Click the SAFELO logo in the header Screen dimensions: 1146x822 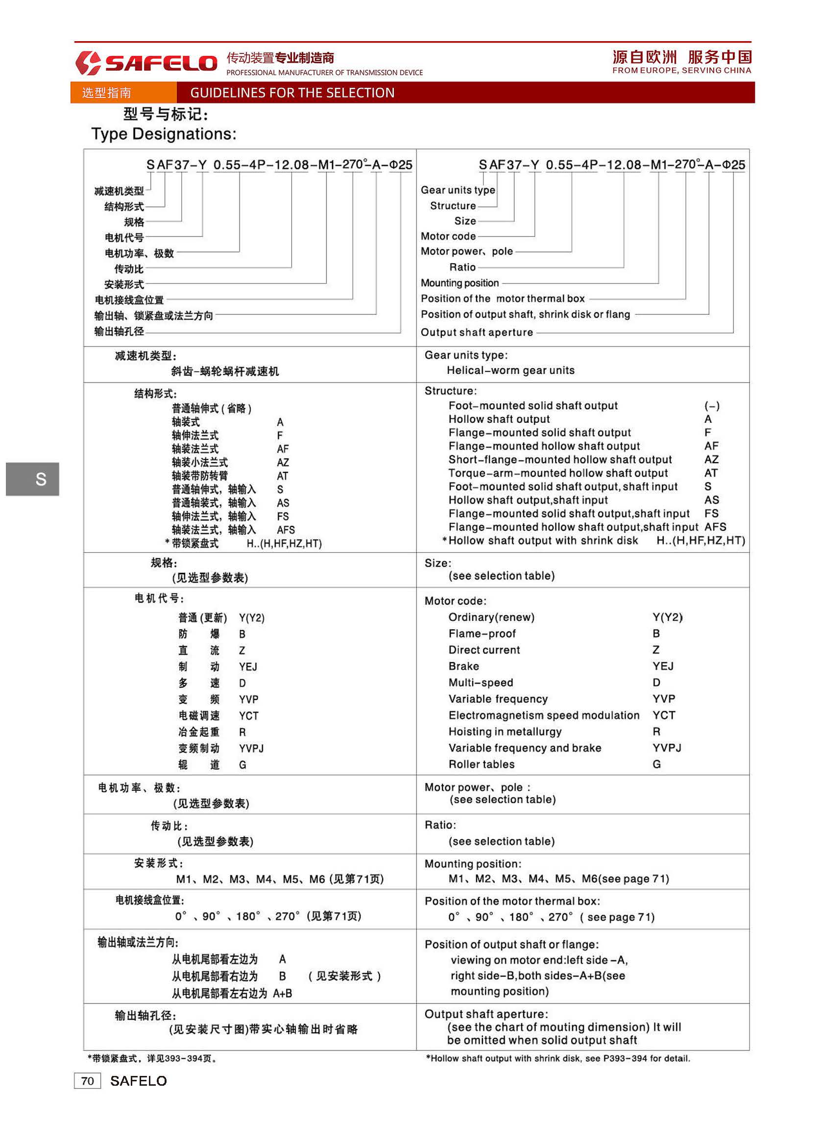coord(146,63)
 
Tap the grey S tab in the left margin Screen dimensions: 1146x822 coord(32,479)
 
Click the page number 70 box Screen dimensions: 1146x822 coord(87,1081)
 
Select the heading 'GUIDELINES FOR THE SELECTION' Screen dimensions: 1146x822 coord(292,93)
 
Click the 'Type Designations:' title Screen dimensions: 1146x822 coord(163,134)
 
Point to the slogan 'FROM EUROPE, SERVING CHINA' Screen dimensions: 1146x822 coord(681,70)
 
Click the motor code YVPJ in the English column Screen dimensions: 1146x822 coord(666,748)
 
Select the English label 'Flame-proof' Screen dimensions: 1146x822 coord(482,634)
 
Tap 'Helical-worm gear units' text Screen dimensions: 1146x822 coord(510,370)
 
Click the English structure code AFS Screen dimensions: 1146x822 coord(715,527)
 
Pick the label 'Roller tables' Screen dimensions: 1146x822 coord(481,764)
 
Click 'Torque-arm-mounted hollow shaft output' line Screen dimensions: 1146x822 coord(558,473)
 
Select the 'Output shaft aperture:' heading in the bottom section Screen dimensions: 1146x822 coord(485,1014)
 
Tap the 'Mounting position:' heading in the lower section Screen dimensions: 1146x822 coord(472,864)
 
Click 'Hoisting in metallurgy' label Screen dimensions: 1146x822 coord(505,731)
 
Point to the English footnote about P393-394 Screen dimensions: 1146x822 coord(558,1059)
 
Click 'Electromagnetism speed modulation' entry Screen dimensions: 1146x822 coord(544,715)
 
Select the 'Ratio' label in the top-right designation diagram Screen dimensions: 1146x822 coord(462,268)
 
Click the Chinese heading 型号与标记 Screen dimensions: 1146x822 coord(165,114)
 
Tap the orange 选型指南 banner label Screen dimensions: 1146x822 coord(107,93)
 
